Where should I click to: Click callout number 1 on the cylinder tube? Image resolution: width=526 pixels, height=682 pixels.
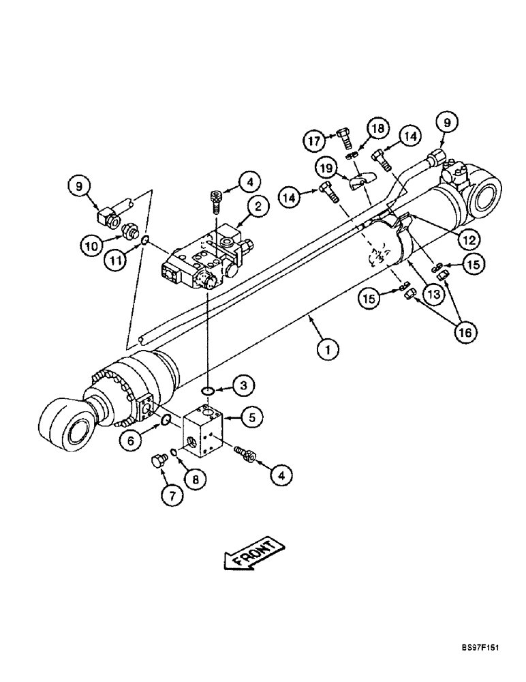(328, 350)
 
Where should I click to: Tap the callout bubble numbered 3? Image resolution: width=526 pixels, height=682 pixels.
(244, 385)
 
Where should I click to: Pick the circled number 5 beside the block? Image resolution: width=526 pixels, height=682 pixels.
(251, 416)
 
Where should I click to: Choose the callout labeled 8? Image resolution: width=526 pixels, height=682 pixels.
(196, 479)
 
